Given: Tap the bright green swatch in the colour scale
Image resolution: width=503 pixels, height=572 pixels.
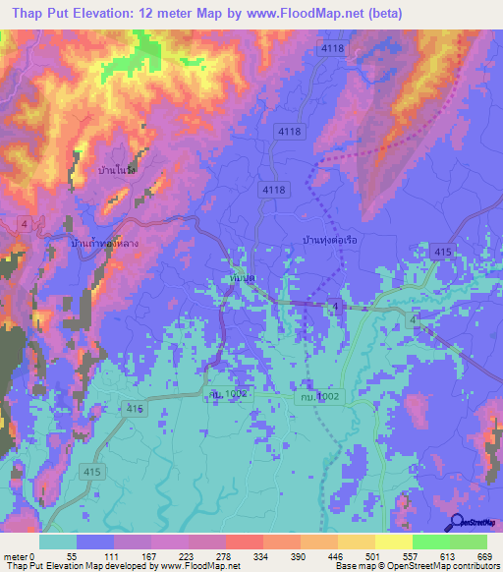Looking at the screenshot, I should [x=431, y=543].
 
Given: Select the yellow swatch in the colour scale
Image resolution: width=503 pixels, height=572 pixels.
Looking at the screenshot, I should [x=394, y=543].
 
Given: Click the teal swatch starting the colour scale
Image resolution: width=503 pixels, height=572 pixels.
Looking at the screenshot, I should [x=58, y=543].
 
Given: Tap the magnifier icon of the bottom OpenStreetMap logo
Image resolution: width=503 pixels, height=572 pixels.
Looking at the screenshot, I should [x=455, y=523].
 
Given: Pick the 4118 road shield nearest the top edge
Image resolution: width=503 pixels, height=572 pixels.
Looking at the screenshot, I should [x=334, y=47].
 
